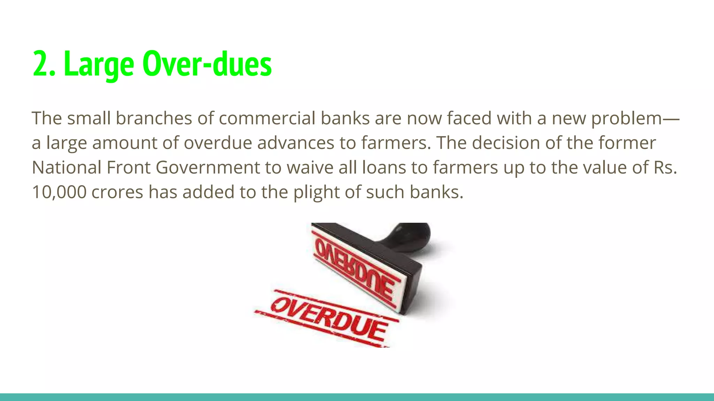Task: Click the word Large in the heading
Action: coord(99,64)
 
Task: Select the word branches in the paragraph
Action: coord(154,118)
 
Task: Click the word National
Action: coord(66,167)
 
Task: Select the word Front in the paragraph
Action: coord(128,167)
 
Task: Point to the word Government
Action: coord(207,167)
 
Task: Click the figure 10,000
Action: coord(59,192)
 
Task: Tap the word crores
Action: coord(117,192)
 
